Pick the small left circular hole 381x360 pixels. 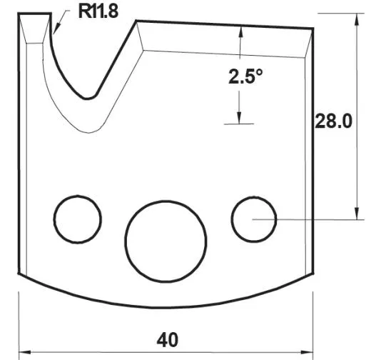click(77, 218)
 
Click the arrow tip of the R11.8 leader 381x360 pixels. click(54, 32)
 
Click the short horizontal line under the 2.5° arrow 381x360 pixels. click(239, 124)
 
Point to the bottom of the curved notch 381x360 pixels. click(88, 98)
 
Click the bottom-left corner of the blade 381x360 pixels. click(19, 274)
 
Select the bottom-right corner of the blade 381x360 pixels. click(314, 274)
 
